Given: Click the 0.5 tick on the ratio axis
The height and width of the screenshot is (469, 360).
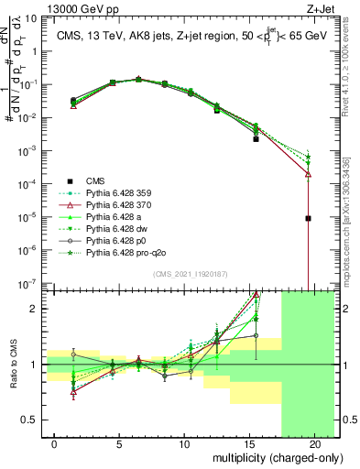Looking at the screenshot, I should click(x=34, y=420).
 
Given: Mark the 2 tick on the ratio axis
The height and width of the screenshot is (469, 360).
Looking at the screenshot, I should click(x=38, y=309).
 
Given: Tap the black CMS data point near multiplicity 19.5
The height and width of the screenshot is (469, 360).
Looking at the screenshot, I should click(x=309, y=218).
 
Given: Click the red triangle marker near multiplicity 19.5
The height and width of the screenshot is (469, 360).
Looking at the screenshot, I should click(x=309, y=173).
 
